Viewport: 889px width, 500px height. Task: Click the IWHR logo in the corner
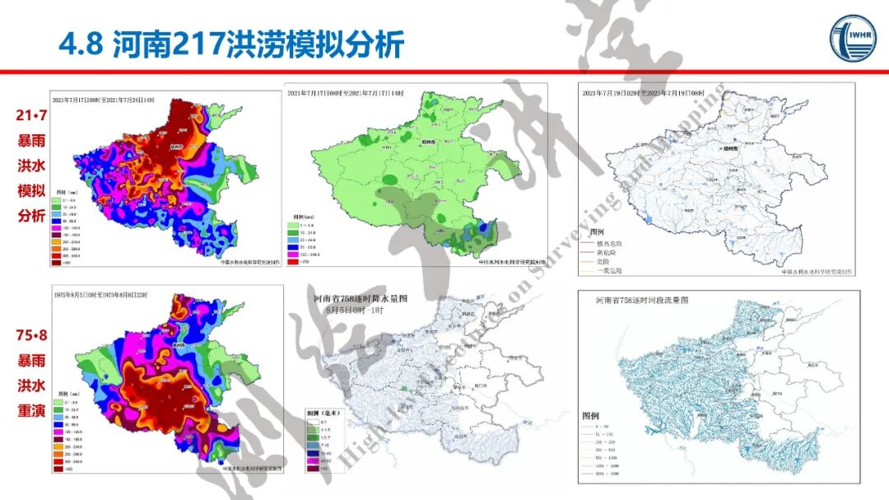(x=852, y=37)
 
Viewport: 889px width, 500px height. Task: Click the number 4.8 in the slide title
(x=80, y=44)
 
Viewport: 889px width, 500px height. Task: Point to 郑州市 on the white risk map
(x=728, y=148)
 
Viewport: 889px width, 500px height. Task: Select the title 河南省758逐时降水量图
(x=361, y=299)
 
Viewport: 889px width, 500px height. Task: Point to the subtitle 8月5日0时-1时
(x=360, y=310)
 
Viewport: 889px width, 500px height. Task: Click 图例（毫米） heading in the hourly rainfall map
(x=324, y=412)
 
